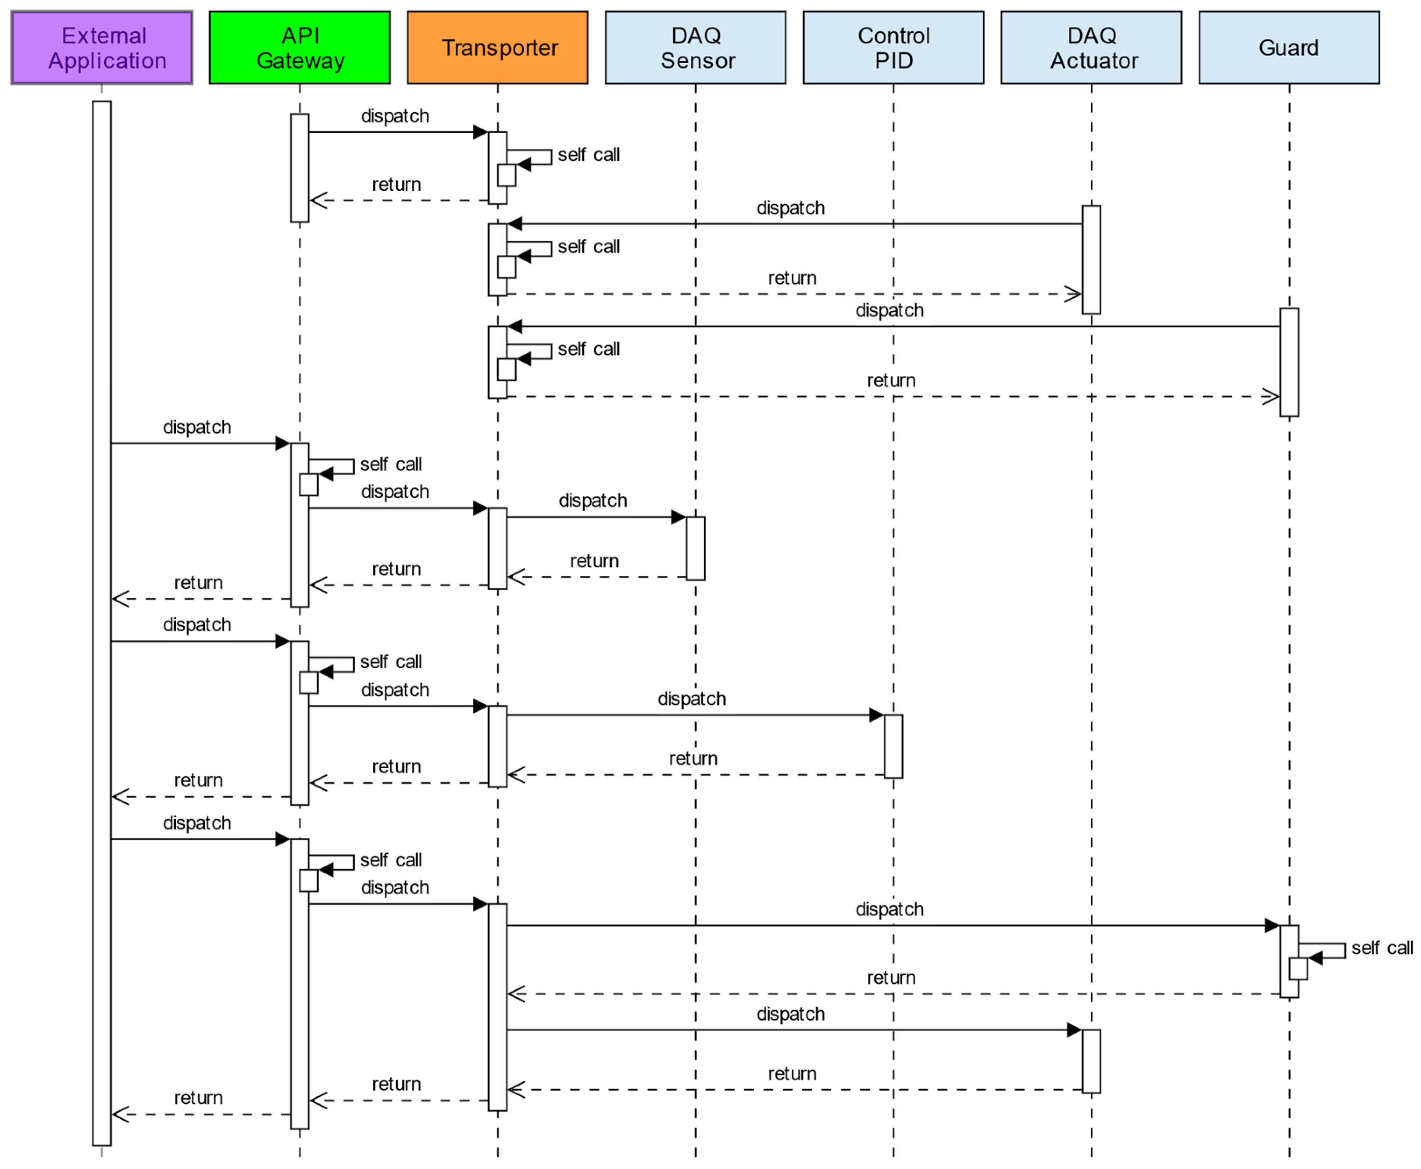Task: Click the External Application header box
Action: (x=102, y=47)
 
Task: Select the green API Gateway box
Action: (x=300, y=47)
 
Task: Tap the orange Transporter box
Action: (x=498, y=47)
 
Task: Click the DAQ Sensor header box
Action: (x=696, y=47)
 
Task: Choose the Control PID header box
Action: (x=894, y=47)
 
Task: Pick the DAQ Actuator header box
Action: (x=1092, y=47)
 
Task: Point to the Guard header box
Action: (x=1290, y=47)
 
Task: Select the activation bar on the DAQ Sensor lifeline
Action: (x=696, y=549)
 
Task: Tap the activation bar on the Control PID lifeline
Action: (x=894, y=747)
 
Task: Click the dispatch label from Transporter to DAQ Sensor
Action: (x=593, y=501)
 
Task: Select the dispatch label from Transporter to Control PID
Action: (x=692, y=699)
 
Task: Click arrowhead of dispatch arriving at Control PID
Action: (x=877, y=716)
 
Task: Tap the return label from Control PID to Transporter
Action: (x=693, y=759)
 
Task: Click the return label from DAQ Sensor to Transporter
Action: (x=594, y=561)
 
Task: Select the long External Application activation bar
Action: (x=102, y=623)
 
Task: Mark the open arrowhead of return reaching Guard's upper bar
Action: (x=1271, y=397)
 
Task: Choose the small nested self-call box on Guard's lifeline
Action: (x=1299, y=969)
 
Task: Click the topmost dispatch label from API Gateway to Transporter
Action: (x=395, y=117)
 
